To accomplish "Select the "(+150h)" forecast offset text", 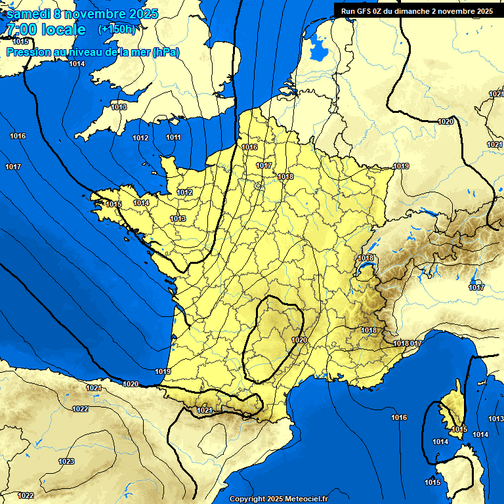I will pos(116,30).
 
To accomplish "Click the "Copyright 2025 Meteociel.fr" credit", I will pos(278,499).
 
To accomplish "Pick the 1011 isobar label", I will pos(173,137).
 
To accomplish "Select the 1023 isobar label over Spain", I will pos(66,461).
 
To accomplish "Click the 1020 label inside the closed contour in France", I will pos(299,340).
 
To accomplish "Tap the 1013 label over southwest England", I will pos(119,107).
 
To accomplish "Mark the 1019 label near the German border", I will pos(401,166).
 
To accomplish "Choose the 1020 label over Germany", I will pos(446,121).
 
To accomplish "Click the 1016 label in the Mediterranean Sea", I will pos(399,417).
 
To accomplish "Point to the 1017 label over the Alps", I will pos(476,287).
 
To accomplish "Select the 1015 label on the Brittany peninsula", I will pos(114,204).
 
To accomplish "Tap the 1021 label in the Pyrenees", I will pos(204,410).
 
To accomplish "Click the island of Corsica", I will pos(451,410).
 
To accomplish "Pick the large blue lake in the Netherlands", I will pos(318,47).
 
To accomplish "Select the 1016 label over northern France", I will pos(249,147).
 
